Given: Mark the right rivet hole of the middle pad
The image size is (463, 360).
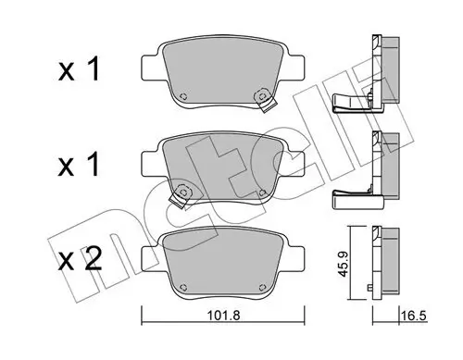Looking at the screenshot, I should [265, 192].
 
